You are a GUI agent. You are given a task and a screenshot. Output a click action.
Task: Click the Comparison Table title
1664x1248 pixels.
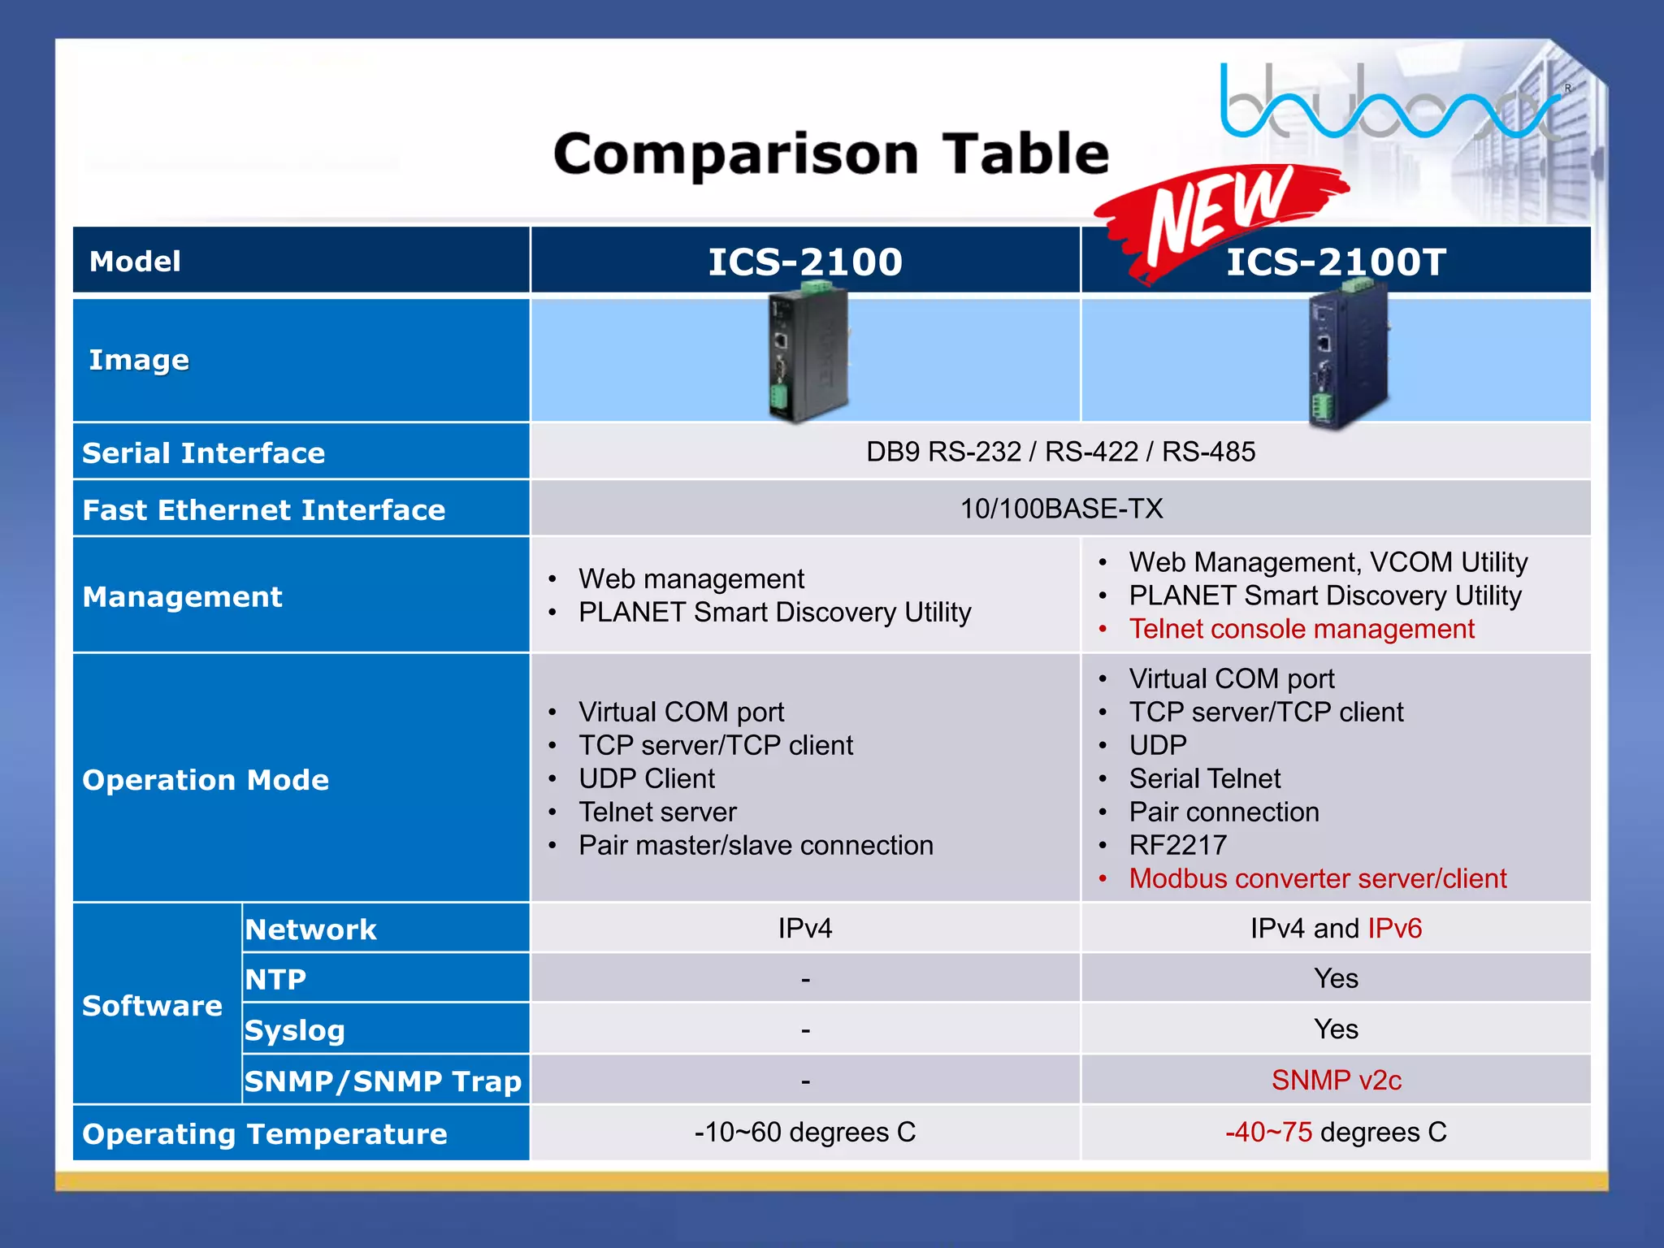[x=830, y=154]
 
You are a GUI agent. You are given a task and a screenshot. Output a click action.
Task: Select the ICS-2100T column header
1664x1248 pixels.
[x=1336, y=262]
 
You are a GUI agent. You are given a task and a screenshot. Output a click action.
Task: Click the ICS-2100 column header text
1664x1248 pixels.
[x=804, y=262]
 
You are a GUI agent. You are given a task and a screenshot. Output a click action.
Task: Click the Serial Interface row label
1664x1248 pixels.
[x=203, y=453]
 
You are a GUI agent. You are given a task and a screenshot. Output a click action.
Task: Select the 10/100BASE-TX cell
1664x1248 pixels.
[x=1061, y=509]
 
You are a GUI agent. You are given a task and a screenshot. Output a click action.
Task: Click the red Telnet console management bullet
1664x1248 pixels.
[x=1301, y=629]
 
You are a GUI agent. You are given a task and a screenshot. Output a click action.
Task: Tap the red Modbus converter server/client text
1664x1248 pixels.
[x=1317, y=878]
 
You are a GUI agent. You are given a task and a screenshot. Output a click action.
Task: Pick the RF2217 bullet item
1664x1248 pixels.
[x=1177, y=845]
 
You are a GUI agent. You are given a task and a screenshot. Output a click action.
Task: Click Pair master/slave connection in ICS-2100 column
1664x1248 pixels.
[x=756, y=845]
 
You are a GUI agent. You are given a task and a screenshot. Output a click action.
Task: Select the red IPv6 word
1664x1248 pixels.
[x=1394, y=928]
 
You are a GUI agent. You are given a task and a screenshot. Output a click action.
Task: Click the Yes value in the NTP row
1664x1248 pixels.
[x=1336, y=978]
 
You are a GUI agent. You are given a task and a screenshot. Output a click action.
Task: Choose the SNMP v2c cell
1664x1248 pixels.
[x=1336, y=1080]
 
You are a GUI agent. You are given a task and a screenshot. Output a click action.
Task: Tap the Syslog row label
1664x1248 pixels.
[x=295, y=1030]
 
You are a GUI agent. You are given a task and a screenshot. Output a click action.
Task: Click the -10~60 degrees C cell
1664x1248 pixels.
[x=804, y=1132]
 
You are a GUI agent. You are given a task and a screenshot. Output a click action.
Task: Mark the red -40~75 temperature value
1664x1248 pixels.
[x=1268, y=1132]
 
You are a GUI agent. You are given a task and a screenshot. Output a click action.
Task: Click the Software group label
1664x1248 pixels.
[x=152, y=1006]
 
